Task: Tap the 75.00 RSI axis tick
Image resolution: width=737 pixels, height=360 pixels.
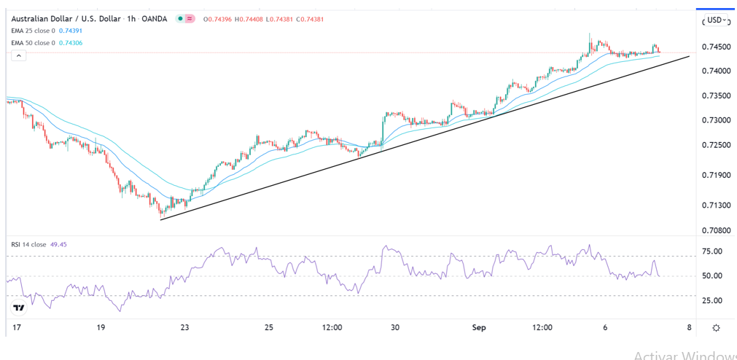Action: tap(711, 251)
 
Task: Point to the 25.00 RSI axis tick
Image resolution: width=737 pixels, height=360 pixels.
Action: tap(711, 300)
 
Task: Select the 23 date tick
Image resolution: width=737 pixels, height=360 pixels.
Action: tap(185, 328)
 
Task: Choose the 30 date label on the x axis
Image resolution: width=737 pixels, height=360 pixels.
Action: tap(394, 328)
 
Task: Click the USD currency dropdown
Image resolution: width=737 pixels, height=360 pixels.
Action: tap(716, 20)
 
